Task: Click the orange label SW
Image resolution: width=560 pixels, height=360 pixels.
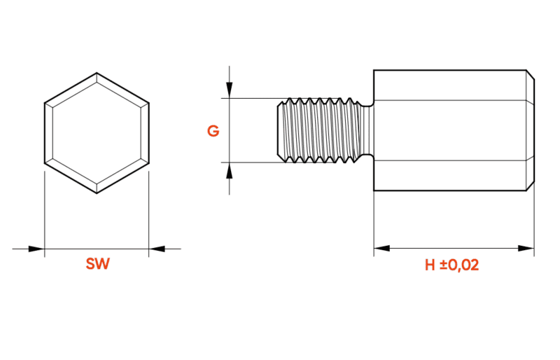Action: (x=97, y=264)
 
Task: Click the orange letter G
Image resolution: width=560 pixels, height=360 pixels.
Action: (x=213, y=131)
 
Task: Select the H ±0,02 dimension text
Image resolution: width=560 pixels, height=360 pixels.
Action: (x=451, y=265)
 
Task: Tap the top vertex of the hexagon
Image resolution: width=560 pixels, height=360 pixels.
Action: (x=97, y=73)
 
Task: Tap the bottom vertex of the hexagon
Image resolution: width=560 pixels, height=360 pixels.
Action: (x=97, y=193)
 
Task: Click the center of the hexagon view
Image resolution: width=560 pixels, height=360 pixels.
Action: (x=97, y=133)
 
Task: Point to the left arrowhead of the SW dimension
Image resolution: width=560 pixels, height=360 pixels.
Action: (x=36, y=249)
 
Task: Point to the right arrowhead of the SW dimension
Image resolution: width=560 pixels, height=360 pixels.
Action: (x=157, y=249)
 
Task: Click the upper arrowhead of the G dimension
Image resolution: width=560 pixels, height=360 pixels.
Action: (x=230, y=90)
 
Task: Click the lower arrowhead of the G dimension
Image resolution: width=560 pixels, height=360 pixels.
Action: (x=230, y=170)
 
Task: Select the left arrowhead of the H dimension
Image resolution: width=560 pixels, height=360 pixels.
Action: (x=381, y=248)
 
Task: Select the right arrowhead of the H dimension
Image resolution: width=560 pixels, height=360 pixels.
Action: (x=526, y=248)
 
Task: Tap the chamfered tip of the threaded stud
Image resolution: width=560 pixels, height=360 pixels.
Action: (x=281, y=130)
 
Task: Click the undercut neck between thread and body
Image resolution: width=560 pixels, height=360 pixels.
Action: (x=367, y=130)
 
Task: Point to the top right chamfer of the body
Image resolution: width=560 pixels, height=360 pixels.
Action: (x=531, y=74)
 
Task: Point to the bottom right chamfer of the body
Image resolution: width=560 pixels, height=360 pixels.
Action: (x=531, y=186)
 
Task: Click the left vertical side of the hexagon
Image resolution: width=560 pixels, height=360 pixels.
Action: (x=45, y=133)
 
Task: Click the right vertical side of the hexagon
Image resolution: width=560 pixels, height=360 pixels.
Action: (x=148, y=133)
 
